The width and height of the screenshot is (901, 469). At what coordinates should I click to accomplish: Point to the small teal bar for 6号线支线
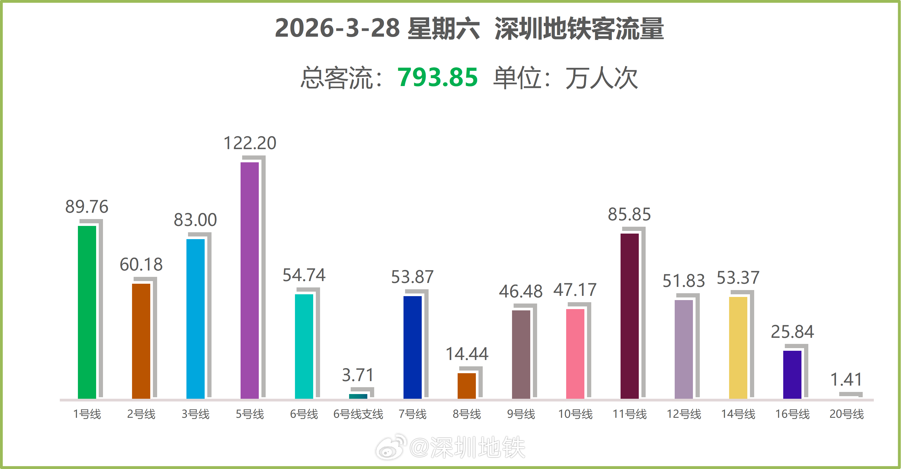click(x=358, y=396)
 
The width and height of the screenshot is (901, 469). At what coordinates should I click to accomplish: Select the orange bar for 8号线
click(x=467, y=386)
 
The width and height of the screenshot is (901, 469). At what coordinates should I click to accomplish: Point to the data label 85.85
click(x=629, y=214)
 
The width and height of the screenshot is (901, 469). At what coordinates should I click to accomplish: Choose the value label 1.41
click(x=846, y=380)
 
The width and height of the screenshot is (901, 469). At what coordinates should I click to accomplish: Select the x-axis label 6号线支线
click(x=358, y=414)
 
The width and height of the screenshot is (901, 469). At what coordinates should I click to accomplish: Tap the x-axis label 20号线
click(x=846, y=414)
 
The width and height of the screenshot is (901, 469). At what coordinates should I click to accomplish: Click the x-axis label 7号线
click(x=412, y=414)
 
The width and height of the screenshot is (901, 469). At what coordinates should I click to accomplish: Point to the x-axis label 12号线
click(x=684, y=414)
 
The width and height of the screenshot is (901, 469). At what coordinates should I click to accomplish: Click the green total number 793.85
click(x=437, y=77)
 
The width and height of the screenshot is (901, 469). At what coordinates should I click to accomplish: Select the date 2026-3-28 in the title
click(x=337, y=28)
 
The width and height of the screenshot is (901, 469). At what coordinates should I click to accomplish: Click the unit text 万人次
click(x=602, y=78)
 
